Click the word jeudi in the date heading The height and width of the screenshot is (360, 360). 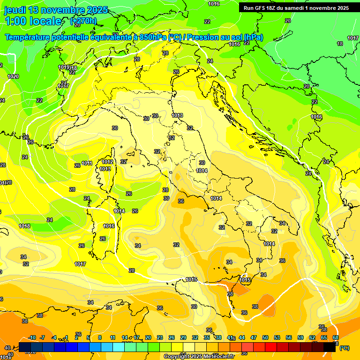tap(15, 10)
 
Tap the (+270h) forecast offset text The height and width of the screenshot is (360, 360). tap(83, 21)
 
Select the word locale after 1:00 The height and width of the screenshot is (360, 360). tap(45, 21)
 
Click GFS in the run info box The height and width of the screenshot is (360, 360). tap(261, 8)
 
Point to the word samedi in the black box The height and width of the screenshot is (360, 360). tap(295, 8)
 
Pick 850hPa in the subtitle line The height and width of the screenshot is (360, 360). tap(153, 37)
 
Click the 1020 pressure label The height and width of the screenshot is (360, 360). tap(13, 76)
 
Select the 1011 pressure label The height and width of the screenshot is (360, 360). tap(87, 163)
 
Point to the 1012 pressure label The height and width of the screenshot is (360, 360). tap(107, 162)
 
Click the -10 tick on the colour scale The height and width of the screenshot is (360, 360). tap(32, 337)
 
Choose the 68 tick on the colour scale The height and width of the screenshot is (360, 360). tap(336, 337)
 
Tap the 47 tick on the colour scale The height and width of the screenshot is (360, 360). tap(254, 337)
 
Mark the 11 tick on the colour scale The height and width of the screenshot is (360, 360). tap(112, 337)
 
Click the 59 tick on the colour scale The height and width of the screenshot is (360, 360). tap(300, 337)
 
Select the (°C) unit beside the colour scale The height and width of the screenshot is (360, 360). tap(345, 348)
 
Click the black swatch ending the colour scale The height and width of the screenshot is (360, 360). tap(330, 347)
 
